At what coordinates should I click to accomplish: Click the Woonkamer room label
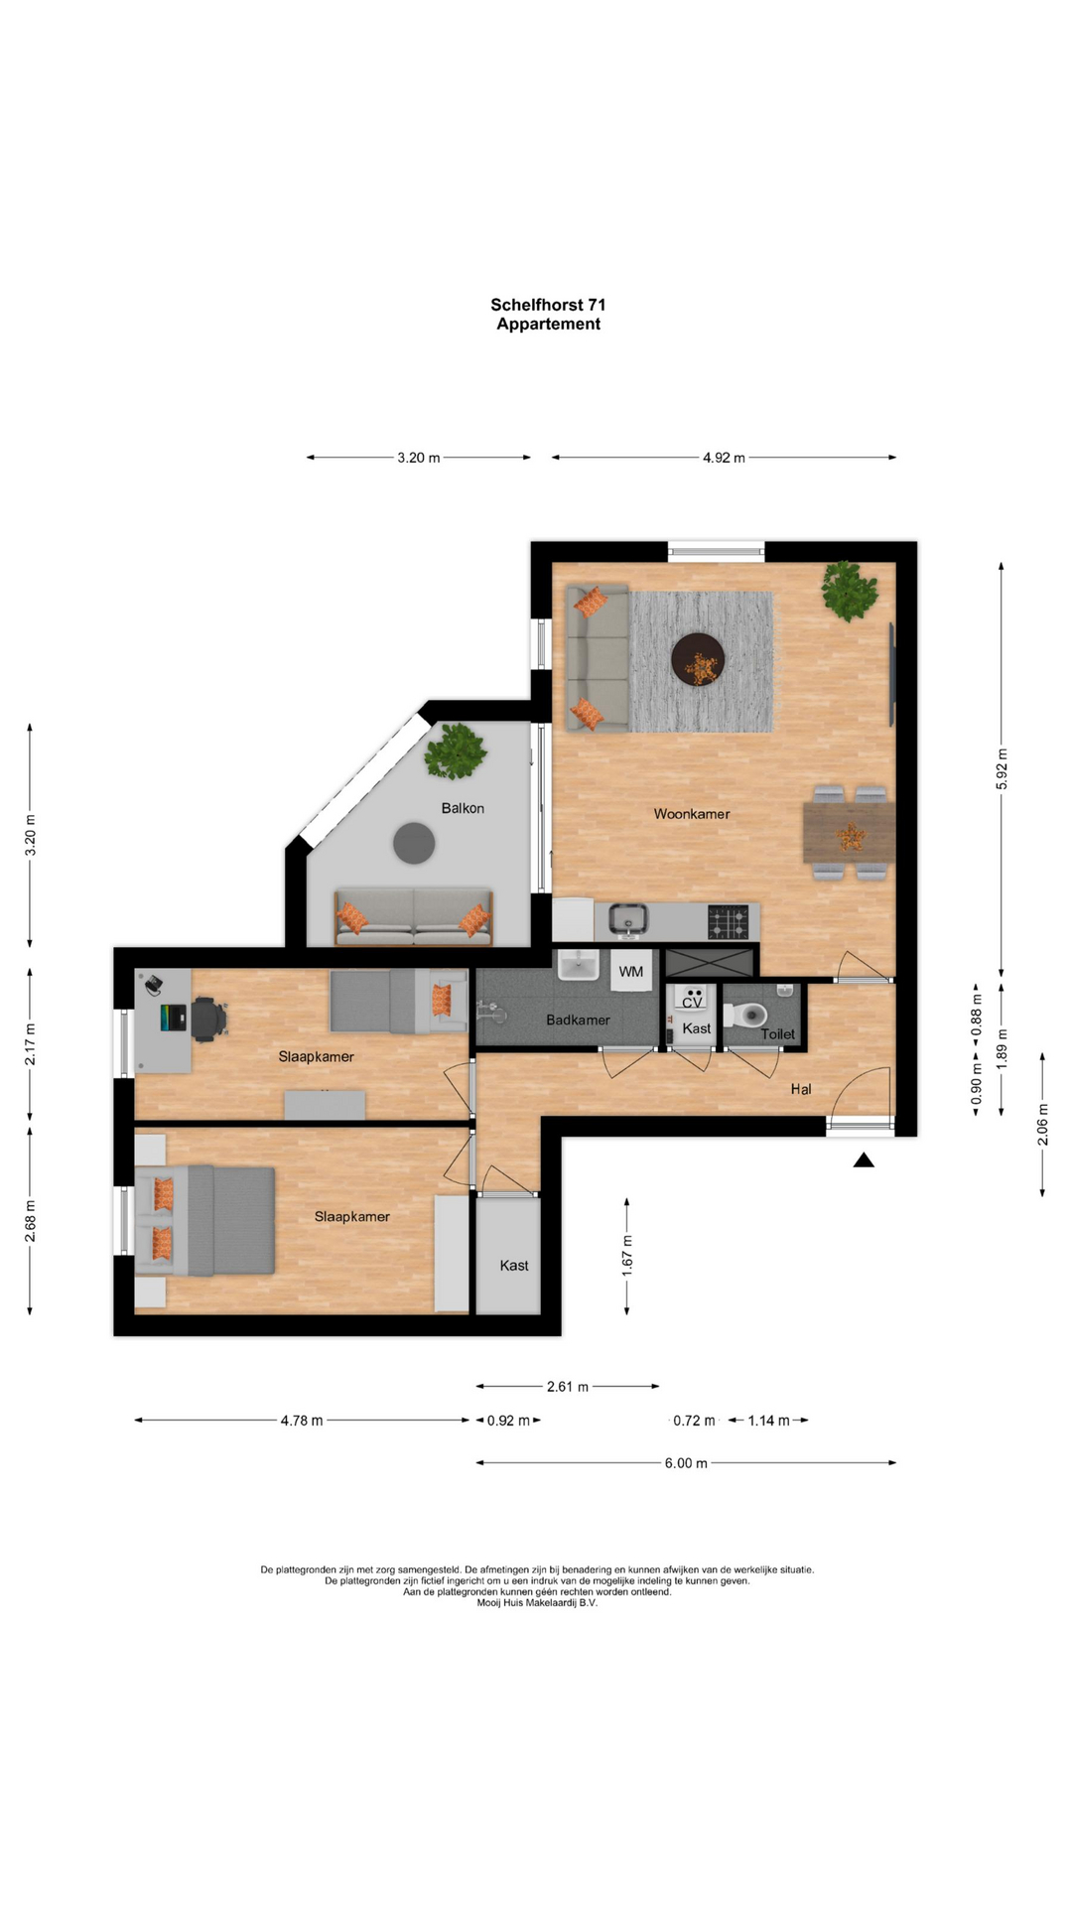pos(691,814)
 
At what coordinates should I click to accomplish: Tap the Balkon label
pos(463,808)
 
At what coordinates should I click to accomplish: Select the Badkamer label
pos(578,1020)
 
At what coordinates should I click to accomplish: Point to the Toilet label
pos(778,1034)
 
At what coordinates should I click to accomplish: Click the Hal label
pos(801,1089)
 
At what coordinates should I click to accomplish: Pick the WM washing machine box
pos(631,970)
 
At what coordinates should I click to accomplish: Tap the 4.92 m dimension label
pos(724,458)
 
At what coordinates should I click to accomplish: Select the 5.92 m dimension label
pos(1002,769)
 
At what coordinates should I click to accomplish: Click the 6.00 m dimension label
pos(686,1463)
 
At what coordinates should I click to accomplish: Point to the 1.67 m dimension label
pos(627,1256)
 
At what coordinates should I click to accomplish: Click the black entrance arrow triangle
pos(864,1159)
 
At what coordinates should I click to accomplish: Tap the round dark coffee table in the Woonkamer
pos(698,660)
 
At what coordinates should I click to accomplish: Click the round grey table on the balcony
pos(414,844)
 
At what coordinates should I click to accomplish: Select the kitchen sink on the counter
pos(627,919)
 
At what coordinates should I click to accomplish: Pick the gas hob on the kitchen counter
pos(728,922)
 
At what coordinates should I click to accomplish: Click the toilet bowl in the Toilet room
pos(747,1015)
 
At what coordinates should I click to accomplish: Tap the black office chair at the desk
pos(209,1019)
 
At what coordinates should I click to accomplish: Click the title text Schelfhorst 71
pos(548,305)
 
